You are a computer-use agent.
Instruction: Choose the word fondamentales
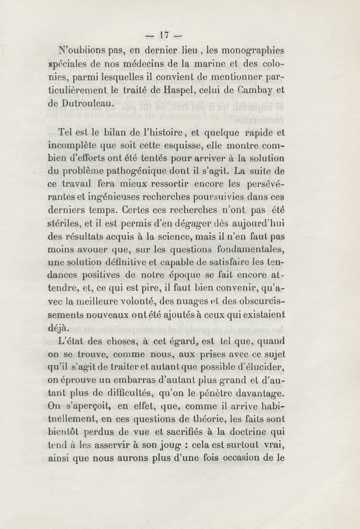pyautogui.click(x=249, y=249)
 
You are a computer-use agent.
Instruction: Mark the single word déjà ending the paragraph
pyautogui.click(x=58, y=327)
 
